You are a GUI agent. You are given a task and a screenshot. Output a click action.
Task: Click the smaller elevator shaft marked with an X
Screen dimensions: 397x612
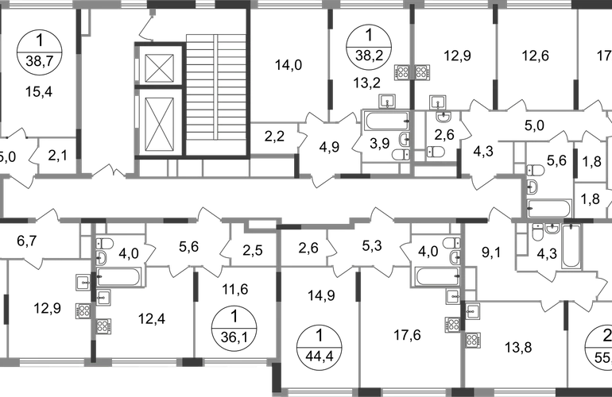[x=159, y=67]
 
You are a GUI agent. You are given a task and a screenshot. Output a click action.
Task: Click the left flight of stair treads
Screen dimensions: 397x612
[x=199, y=87]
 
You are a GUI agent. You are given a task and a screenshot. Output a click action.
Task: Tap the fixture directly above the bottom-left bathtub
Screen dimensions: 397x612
[x=104, y=248]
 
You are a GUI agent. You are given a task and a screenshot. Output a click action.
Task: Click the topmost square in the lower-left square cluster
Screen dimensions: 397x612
[x=82, y=282]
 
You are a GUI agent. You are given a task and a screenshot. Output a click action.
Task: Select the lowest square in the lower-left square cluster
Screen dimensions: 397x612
[x=103, y=326]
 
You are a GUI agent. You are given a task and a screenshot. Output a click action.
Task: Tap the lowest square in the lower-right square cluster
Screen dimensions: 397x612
[x=474, y=340]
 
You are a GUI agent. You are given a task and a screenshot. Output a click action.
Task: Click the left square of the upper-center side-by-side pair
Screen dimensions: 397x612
[x=401, y=71]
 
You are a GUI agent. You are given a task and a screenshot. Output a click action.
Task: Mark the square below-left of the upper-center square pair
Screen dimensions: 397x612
[x=387, y=99]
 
